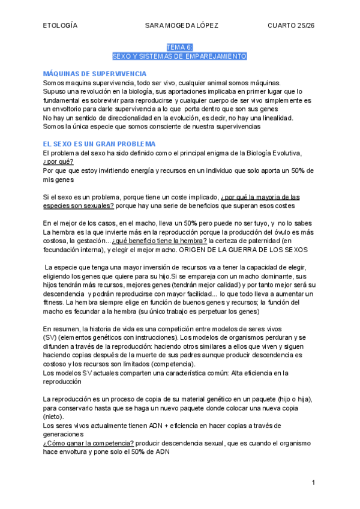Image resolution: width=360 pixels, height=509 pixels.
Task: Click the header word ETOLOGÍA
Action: coord(61,25)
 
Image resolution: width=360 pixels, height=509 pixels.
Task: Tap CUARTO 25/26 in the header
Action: coord(292,25)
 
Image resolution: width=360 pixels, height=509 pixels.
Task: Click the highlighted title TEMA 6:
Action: coord(180,47)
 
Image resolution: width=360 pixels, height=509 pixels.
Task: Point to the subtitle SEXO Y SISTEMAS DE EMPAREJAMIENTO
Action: coord(180,56)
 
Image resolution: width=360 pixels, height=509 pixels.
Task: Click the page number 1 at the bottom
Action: coord(313,483)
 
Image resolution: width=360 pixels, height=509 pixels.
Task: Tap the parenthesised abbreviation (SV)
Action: coord(50,338)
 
